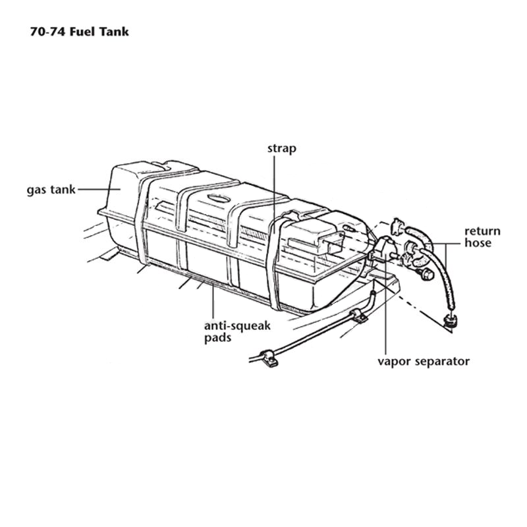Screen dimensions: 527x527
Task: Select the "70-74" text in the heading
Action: click(x=48, y=32)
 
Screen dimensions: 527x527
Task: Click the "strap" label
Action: click(x=282, y=149)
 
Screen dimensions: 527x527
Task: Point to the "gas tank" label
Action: click(x=51, y=190)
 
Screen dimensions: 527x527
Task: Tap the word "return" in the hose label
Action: click(x=482, y=231)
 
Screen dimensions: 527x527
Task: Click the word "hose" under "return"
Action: click(x=478, y=242)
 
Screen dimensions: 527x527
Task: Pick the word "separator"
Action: click(x=442, y=362)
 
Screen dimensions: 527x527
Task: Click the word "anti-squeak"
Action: click(x=237, y=325)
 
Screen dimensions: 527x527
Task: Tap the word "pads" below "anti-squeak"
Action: click(x=218, y=337)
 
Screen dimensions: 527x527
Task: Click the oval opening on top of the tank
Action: click(x=219, y=198)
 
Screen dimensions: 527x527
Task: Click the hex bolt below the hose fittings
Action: click(x=426, y=274)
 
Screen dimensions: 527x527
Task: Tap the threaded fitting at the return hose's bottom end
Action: click(x=449, y=321)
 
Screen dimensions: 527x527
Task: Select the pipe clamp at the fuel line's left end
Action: click(x=269, y=358)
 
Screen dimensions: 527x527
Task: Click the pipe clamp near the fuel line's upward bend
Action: click(x=359, y=316)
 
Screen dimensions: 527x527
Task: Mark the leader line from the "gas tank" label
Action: click(x=99, y=190)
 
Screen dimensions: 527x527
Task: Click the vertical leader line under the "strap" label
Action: click(x=275, y=194)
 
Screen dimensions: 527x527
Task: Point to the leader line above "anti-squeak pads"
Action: click(x=213, y=302)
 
